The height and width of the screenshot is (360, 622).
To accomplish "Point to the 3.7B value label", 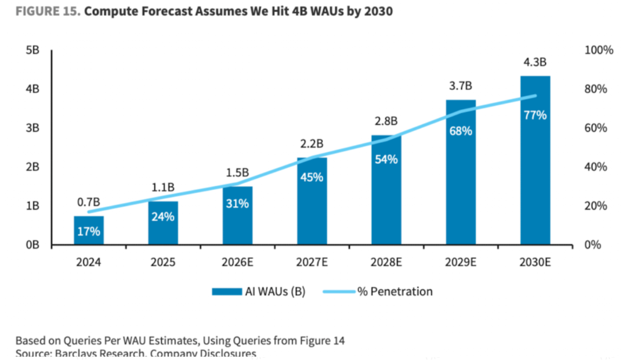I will (461, 86).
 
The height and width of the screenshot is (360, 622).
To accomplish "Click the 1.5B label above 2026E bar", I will (237, 172).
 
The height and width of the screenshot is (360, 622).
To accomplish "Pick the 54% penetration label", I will (386, 159).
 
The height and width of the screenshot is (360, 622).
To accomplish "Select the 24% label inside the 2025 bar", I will (163, 217).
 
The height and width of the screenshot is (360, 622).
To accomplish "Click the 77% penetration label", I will (535, 115).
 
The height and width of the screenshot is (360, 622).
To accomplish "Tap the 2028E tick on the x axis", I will (386, 262).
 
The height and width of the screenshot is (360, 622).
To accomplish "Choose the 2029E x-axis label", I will (461, 262).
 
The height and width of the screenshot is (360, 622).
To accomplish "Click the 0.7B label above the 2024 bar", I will (89, 202).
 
